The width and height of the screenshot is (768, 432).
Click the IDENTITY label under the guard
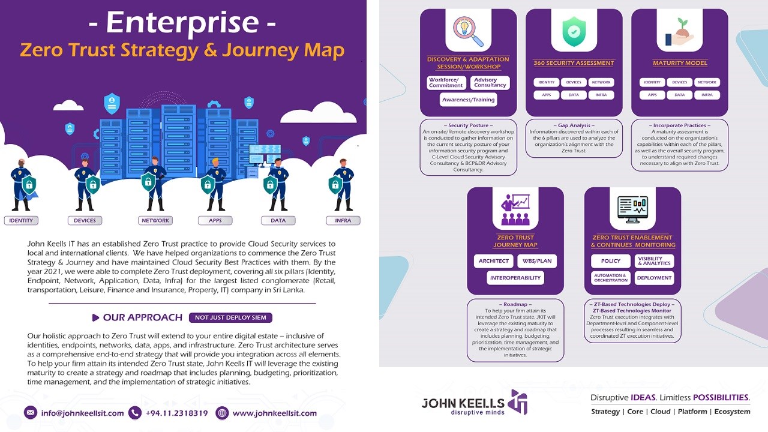(x=21, y=220)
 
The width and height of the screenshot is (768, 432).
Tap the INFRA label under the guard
(x=343, y=220)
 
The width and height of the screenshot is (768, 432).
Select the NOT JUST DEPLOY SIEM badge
(x=230, y=317)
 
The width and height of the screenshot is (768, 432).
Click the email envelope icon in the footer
(x=31, y=412)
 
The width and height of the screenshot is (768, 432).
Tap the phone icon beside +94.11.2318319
(x=135, y=412)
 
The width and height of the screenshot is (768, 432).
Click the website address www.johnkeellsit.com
(x=275, y=413)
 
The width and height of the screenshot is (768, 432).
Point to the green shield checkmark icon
(x=574, y=32)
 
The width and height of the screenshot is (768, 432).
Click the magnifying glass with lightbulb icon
(x=467, y=31)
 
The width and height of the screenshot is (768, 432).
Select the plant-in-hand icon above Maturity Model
(x=680, y=32)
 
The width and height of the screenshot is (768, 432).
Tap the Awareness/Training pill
(x=469, y=100)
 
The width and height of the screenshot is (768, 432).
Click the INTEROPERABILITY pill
(x=515, y=278)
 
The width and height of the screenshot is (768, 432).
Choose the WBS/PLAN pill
(x=537, y=261)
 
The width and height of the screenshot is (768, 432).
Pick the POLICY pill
(x=611, y=261)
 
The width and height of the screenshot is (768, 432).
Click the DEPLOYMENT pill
(x=654, y=278)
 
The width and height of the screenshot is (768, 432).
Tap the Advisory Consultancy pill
(x=490, y=83)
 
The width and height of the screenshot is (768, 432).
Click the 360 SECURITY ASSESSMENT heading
(x=574, y=63)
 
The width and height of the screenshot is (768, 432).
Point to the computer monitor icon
(x=632, y=209)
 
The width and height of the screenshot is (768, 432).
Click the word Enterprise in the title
(x=182, y=23)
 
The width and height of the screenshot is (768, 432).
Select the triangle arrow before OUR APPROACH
(x=95, y=318)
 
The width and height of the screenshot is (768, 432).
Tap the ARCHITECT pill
(x=494, y=261)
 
